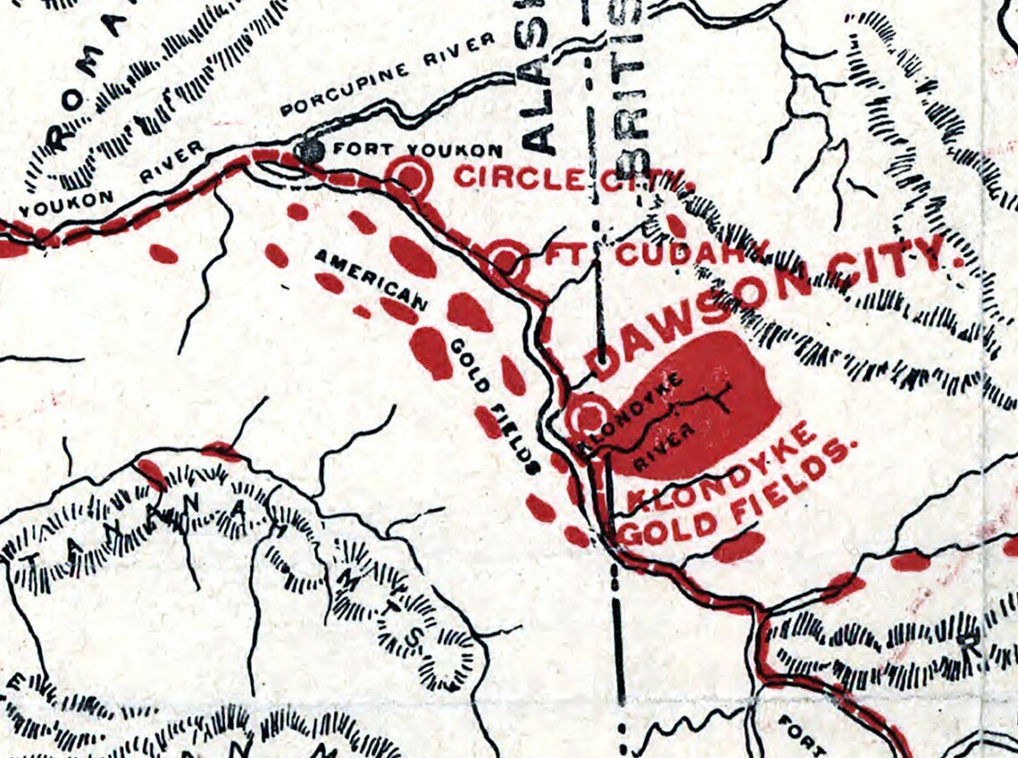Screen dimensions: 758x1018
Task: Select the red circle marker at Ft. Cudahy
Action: click(x=506, y=261)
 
